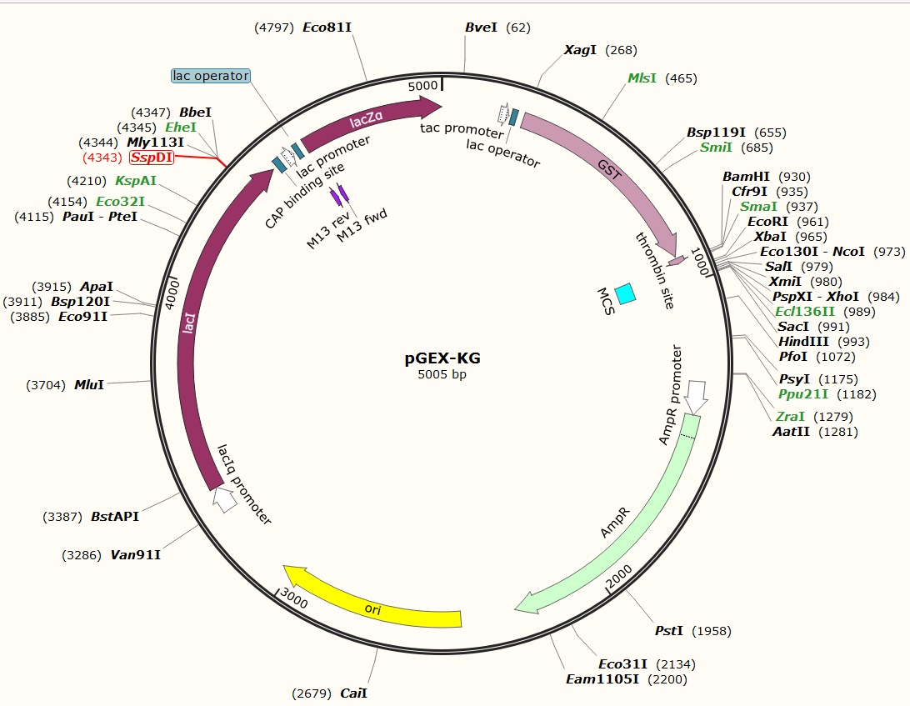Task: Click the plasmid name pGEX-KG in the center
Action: click(x=442, y=359)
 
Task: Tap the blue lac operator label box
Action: click(x=210, y=76)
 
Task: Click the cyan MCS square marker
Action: click(x=625, y=293)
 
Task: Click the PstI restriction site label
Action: click(x=668, y=631)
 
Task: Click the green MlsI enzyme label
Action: click(x=642, y=78)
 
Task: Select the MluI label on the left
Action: click(x=89, y=385)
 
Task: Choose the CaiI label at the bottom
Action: click(x=353, y=693)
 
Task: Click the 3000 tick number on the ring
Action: click(x=293, y=598)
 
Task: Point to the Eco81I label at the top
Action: click(x=327, y=28)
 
